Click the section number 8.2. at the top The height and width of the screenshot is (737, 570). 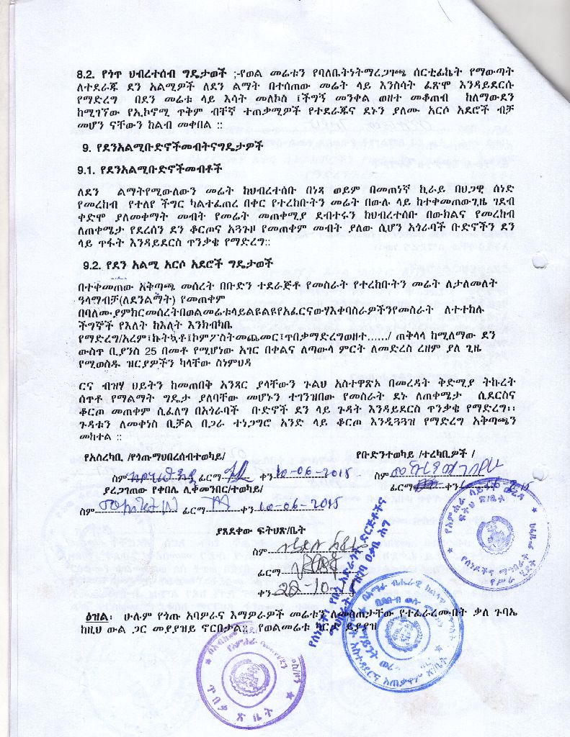coord(89,73)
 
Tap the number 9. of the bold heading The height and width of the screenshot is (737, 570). coord(86,150)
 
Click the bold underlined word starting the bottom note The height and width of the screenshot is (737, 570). coord(97,619)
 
